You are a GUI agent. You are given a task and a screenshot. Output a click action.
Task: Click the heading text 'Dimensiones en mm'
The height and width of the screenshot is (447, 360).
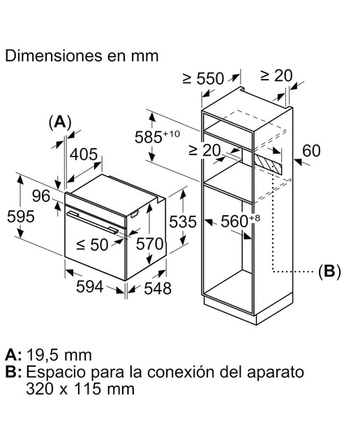click(x=82, y=56)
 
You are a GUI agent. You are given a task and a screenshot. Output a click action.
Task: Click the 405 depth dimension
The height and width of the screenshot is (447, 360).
click(x=84, y=154)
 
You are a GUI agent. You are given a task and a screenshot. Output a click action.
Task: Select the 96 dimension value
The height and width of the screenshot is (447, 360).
click(x=41, y=196)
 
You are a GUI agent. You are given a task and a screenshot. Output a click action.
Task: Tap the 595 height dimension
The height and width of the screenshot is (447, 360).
click(x=21, y=217)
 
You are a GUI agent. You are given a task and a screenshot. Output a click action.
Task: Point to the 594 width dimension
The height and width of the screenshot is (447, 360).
click(x=90, y=286)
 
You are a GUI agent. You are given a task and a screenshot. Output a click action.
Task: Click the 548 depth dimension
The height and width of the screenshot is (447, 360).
click(x=158, y=288)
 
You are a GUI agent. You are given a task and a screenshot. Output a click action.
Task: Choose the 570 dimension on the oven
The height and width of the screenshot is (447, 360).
click(x=150, y=244)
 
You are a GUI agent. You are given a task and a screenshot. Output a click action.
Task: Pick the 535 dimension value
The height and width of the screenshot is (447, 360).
click(x=183, y=221)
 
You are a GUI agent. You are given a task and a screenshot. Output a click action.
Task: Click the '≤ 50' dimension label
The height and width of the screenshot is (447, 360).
click(x=93, y=244)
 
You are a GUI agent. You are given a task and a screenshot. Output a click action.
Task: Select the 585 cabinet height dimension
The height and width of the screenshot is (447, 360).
click(x=157, y=136)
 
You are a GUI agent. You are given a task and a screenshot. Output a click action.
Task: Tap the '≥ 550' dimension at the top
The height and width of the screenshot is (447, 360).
click(x=203, y=78)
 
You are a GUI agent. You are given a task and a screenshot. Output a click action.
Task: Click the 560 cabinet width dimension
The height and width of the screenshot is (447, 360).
click(x=241, y=221)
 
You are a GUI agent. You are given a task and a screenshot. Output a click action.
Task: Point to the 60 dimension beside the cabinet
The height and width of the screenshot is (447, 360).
click(x=311, y=151)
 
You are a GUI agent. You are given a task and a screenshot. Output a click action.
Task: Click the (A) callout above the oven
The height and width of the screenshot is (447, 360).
click(x=60, y=123)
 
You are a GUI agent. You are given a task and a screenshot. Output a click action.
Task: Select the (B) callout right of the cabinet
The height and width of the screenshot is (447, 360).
click(x=329, y=272)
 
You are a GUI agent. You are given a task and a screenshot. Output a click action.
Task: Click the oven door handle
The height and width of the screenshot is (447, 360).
click(x=92, y=222)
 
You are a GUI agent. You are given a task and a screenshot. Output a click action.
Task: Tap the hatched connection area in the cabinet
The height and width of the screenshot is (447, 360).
click(x=267, y=163)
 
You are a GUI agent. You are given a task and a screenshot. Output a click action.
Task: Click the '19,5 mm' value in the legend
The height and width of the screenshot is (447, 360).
click(x=59, y=356)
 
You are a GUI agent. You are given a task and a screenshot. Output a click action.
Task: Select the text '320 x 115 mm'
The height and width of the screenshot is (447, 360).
click(x=80, y=389)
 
